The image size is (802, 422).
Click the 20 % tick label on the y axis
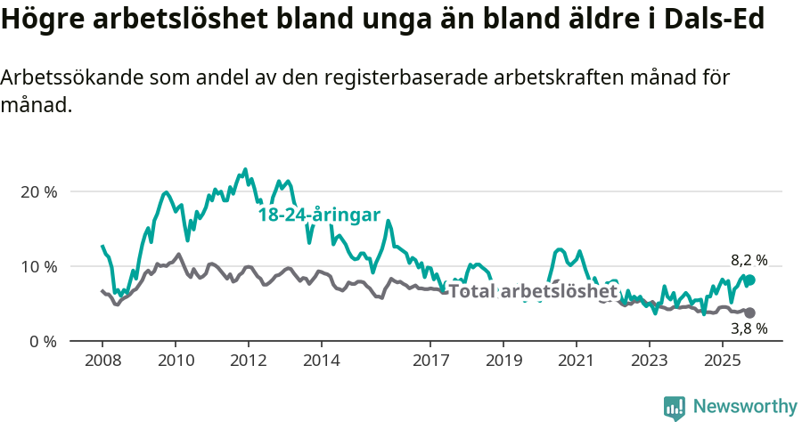[37, 191]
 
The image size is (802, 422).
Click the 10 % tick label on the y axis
[37, 266]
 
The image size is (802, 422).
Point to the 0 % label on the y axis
[42, 341]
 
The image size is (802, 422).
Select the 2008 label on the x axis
[102, 361]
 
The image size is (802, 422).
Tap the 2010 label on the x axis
[175, 361]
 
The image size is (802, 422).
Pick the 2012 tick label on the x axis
[248, 361]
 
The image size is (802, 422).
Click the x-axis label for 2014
[321, 361]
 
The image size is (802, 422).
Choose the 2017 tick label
[430, 361]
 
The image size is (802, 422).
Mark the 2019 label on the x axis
[503, 361]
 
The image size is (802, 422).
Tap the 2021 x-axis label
[577, 361]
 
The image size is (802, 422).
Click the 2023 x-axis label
[649, 361]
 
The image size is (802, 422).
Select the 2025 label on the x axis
[722, 361]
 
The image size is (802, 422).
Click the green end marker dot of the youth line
[749, 280]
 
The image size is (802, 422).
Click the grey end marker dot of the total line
[749, 312]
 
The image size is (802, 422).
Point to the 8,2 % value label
[749, 260]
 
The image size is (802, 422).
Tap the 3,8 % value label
[749, 329]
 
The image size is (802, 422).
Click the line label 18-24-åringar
[319, 215]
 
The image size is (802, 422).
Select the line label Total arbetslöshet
[533, 291]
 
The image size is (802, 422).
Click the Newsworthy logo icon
[675, 408]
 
